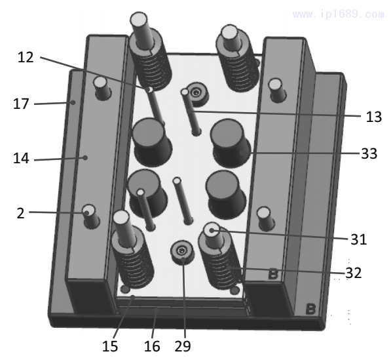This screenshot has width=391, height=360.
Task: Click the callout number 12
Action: pos(26,58)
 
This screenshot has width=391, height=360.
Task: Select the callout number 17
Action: pos(21,104)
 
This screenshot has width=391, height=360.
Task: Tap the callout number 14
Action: pos(21,159)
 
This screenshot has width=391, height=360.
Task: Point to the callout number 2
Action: pos(21,214)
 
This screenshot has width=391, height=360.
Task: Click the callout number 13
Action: pos(374,117)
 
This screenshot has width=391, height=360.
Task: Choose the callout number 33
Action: pos(369,153)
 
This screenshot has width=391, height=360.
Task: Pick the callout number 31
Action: pos(359,239)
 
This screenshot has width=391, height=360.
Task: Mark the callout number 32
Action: pos(354,273)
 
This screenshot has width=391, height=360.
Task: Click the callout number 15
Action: pos(110,346)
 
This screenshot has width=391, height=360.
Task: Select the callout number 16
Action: pos(152,346)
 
